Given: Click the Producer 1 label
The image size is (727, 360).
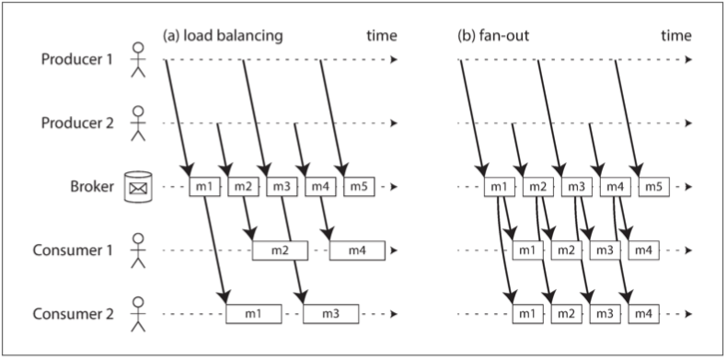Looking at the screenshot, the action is tap(77, 60).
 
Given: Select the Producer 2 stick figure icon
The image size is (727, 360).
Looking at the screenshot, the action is tap(138, 123).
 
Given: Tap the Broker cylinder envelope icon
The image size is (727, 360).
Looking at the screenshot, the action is tap(138, 187).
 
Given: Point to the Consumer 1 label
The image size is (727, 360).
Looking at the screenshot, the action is tap(74, 250).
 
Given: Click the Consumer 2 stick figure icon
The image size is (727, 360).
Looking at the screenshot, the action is tap(138, 314).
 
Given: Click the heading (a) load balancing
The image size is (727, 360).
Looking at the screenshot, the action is tap(223, 36).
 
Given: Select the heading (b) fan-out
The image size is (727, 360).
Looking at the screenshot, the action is tap(493, 36).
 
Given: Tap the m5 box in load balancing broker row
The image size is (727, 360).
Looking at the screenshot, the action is tap(359, 187).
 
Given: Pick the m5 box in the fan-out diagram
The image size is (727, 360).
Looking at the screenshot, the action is tap(653, 187).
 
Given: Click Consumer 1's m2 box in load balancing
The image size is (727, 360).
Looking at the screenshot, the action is tap(280, 250).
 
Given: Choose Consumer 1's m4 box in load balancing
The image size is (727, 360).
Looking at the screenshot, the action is tap(357, 250).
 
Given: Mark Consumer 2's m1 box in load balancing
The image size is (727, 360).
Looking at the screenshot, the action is tap(254, 314).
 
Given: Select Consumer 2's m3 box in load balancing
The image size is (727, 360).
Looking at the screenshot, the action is tap(331, 314).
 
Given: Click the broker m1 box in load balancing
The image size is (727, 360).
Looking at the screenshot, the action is tap(204, 187).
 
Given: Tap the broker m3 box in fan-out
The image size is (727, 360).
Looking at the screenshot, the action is tap(577, 187).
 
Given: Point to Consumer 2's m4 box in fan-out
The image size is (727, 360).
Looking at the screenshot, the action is tap(643, 314).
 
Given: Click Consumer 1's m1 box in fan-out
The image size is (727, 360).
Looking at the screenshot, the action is tap(527, 250).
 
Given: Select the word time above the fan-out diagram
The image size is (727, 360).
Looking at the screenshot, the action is tap(676, 36).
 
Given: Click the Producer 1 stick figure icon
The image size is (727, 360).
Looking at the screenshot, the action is tap(138, 60).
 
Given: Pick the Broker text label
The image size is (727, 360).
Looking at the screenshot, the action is tap(92, 187).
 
